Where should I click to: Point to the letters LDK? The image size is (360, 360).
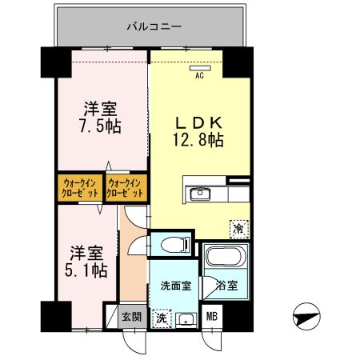click(198, 123)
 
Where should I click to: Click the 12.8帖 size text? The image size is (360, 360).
click(199, 140)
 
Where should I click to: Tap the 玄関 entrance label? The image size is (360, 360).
click(131, 316)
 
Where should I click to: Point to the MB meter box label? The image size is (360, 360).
click(212, 316)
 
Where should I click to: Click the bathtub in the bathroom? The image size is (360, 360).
click(224, 258)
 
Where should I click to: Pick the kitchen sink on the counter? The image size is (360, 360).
click(198, 194)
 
